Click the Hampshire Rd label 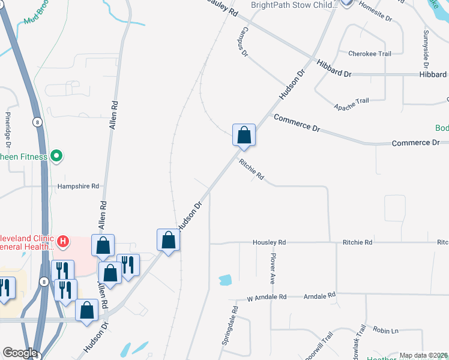pos(78,187)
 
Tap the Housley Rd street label pos(270,242)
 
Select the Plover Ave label pos(273,268)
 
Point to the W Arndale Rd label pos(267,297)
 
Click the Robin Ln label pos(386,331)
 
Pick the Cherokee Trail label pos(370,54)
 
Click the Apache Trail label pos(351,104)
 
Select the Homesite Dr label pos(375,11)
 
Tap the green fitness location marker pos(56,157)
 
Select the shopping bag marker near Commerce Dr pos(244,134)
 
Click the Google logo pos(19,353)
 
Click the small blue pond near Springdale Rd pos(226,280)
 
